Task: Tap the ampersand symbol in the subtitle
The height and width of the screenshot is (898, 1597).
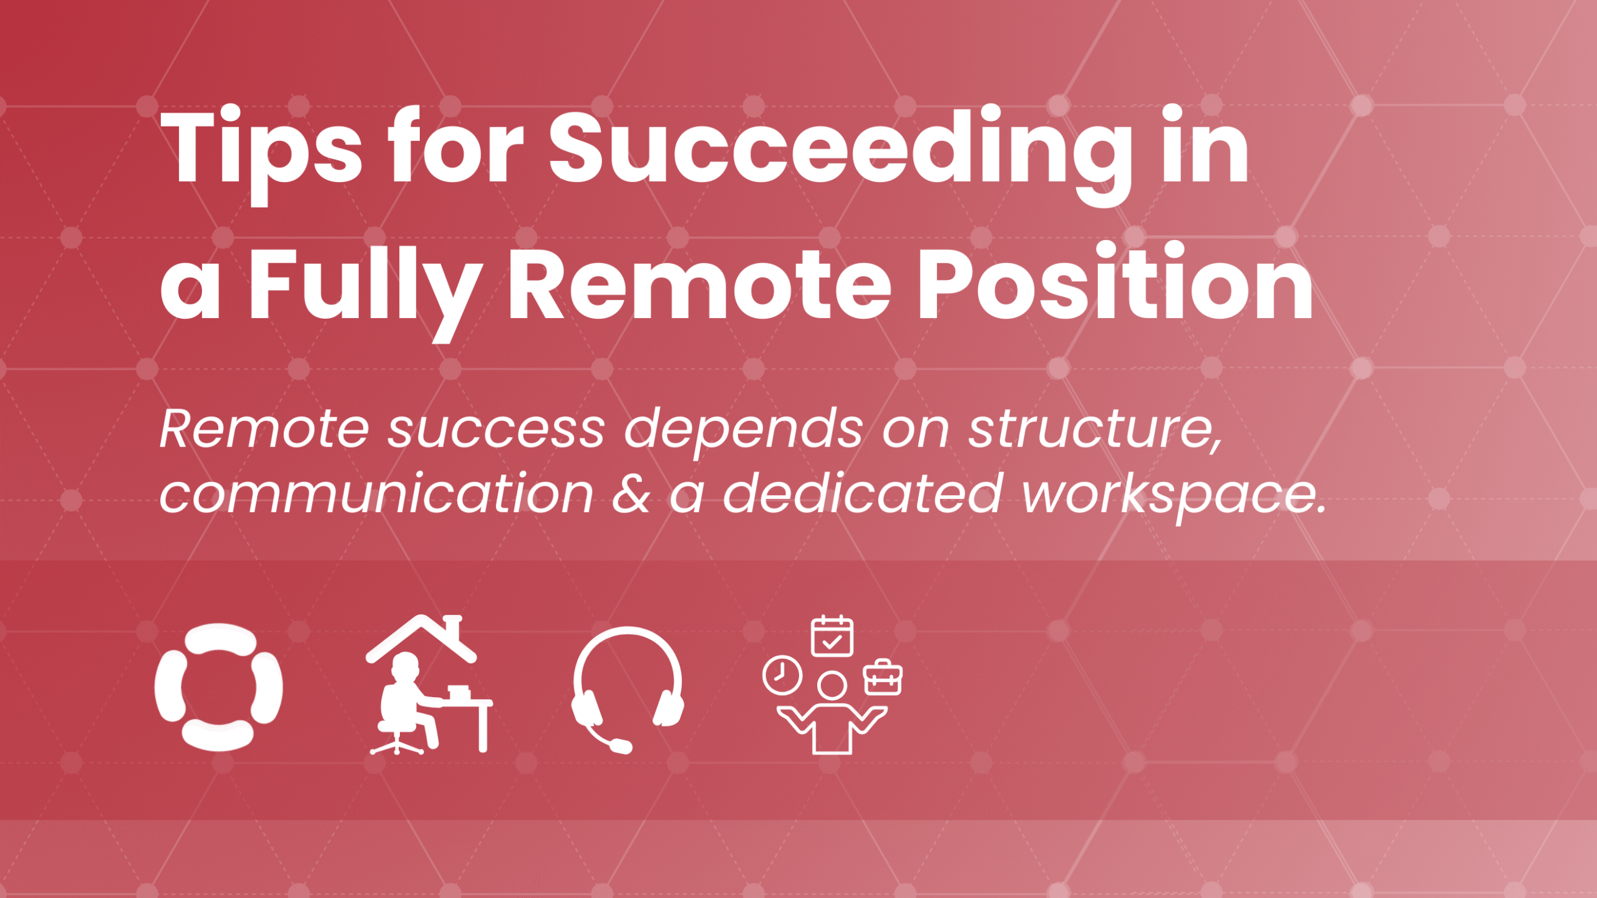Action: (631, 495)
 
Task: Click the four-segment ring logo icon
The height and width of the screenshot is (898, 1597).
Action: (218, 687)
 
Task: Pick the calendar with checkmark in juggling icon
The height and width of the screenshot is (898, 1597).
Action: (832, 637)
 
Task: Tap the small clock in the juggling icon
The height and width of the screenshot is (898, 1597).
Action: (782, 675)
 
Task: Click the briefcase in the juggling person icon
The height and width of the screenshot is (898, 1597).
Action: (883, 678)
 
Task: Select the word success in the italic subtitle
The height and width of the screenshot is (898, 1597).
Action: (496, 430)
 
